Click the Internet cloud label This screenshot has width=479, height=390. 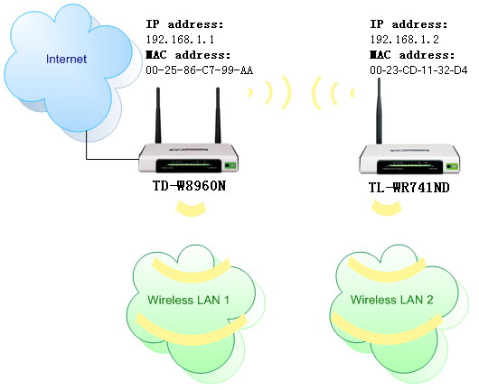pyautogui.click(x=66, y=60)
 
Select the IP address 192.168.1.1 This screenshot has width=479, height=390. pyautogui.click(x=178, y=40)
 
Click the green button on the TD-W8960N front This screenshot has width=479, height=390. pyautogui.click(x=230, y=165)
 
